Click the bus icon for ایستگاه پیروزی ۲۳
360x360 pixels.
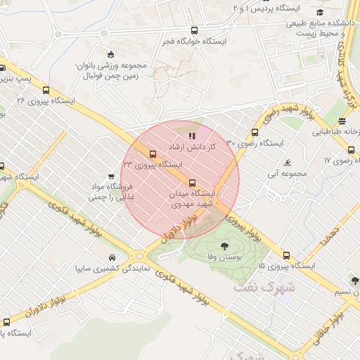[x=153, y=154]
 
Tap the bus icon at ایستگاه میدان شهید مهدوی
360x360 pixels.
[x=193, y=183]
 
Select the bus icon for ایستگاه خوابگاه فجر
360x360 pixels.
[x=194, y=31]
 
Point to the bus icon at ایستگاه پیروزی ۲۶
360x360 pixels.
[x=46, y=90]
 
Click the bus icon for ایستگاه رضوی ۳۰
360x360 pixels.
[x=254, y=132]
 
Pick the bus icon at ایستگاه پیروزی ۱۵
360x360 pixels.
[x=286, y=255]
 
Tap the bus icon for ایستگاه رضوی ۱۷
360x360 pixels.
[x=351, y=149]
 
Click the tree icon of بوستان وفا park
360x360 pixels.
[x=224, y=246]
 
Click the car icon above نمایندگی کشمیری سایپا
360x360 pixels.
[x=112, y=257]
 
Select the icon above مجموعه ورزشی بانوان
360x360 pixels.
[x=110, y=55]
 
